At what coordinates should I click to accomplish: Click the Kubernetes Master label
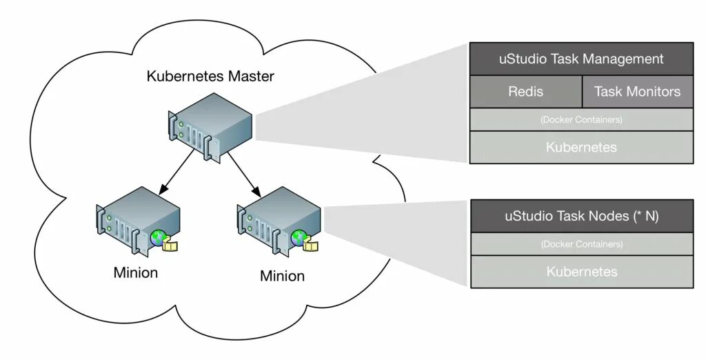click(x=210, y=77)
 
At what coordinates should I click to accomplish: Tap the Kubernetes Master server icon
click(x=210, y=127)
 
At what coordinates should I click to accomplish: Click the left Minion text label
click(x=136, y=272)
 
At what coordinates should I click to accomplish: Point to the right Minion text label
click(x=282, y=277)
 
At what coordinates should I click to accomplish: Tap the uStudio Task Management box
click(x=581, y=59)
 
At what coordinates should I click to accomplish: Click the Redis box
click(x=525, y=92)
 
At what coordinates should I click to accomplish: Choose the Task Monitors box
click(x=637, y=92)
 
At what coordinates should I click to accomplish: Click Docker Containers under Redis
click(x=581, y=120)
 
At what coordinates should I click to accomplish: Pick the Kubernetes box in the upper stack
click(x=581, y=147)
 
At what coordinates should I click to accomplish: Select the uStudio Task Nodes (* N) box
click(x=581, y=216)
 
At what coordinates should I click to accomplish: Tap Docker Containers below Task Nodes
click(x=581, y=244)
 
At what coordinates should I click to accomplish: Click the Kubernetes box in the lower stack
click(x=581, y=272)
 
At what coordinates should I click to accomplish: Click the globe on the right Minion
click(x=299, y=238)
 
